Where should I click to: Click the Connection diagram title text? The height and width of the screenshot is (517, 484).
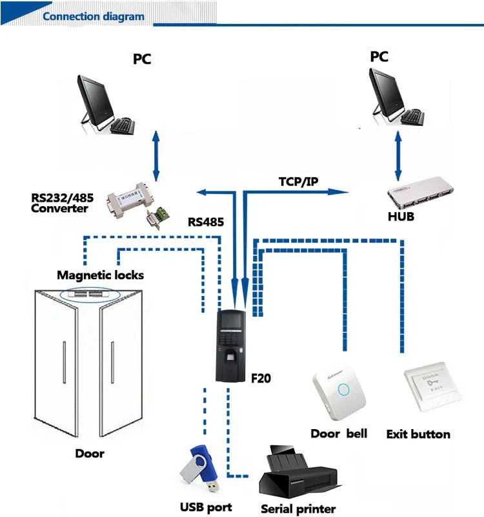coord(93,16)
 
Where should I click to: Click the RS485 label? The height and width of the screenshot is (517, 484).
coord(206,222)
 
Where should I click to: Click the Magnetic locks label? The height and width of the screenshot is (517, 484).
coord(100,275)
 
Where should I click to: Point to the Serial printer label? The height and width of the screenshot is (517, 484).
coord(298,509)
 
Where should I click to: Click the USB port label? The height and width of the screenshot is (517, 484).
coord(206,507)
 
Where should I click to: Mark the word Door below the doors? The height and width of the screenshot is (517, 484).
coord(89,454)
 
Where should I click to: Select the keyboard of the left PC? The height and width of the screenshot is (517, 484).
coord(123,127)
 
